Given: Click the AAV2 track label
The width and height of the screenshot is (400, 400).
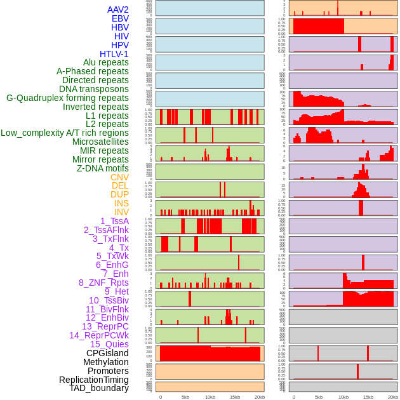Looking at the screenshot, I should [x=118, y=10].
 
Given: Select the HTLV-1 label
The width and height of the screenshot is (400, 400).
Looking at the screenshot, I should [x=114, y=54].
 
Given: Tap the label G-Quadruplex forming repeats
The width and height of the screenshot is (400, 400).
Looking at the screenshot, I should [x=67, y=98].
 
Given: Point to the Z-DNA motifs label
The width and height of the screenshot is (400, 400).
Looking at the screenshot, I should [x=103, y=168].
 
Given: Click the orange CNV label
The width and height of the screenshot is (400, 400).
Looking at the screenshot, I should [x=119, y=177].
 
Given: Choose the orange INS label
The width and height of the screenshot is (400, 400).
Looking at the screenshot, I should [x=121, y=203].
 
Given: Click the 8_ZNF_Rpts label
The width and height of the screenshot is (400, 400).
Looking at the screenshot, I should [x=103, y=283].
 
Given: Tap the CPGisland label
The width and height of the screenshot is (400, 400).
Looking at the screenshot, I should [x=107, y=353].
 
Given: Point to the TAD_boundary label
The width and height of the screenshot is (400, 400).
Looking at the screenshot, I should [x=99, y=388].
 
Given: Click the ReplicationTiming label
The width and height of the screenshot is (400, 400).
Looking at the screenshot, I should [x=94, y=380].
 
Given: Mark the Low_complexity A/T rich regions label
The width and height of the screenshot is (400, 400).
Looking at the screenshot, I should [x=65, y=133].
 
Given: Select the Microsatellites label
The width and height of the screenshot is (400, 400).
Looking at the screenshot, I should [x=100, y=142].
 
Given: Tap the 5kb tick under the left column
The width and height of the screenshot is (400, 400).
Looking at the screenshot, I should [x=185, y=397].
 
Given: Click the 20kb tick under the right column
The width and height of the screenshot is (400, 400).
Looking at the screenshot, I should [x=393, y=397].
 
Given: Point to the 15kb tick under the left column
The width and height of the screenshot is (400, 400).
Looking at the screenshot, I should [x=235, y=397].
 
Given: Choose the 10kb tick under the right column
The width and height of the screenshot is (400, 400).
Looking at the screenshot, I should [x=343, y=397].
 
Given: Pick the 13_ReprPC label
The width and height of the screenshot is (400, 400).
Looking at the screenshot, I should [x=105, y=326].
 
